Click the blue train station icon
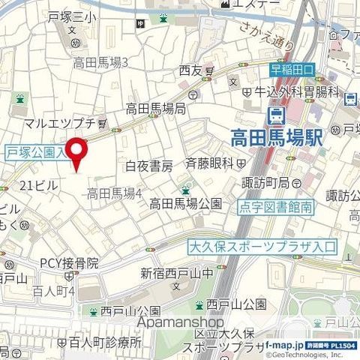pyautogui.click(x=276, y=115)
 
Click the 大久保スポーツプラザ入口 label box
pyautogui.click(x=262, y=246)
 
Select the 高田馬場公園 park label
pyautogui.click(x=185, y=203)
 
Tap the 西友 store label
pyautogui.click(x=191, y=72)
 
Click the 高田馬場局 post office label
pyautogui.click(x=155, y=108)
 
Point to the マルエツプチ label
pyautogui.click(x=57, y=122)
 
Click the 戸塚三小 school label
pyautogui.click(x=73, y=16)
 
